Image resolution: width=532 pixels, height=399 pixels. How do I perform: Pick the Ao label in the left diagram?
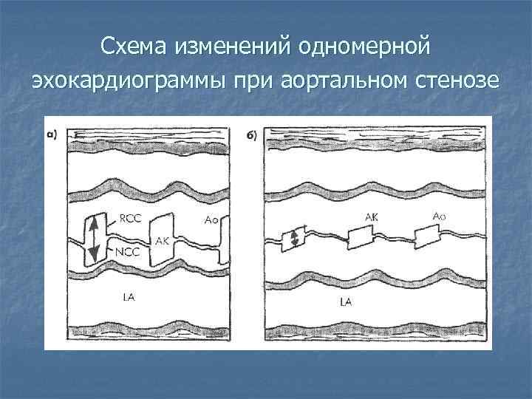(211, 219)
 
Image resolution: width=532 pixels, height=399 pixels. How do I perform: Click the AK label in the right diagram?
(372, 216)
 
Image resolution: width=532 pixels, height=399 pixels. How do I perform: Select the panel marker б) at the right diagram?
(250, 135)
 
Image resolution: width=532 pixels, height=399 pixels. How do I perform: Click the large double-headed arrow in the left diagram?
(94, 236)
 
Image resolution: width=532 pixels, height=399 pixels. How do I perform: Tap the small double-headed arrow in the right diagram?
(293, 239)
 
